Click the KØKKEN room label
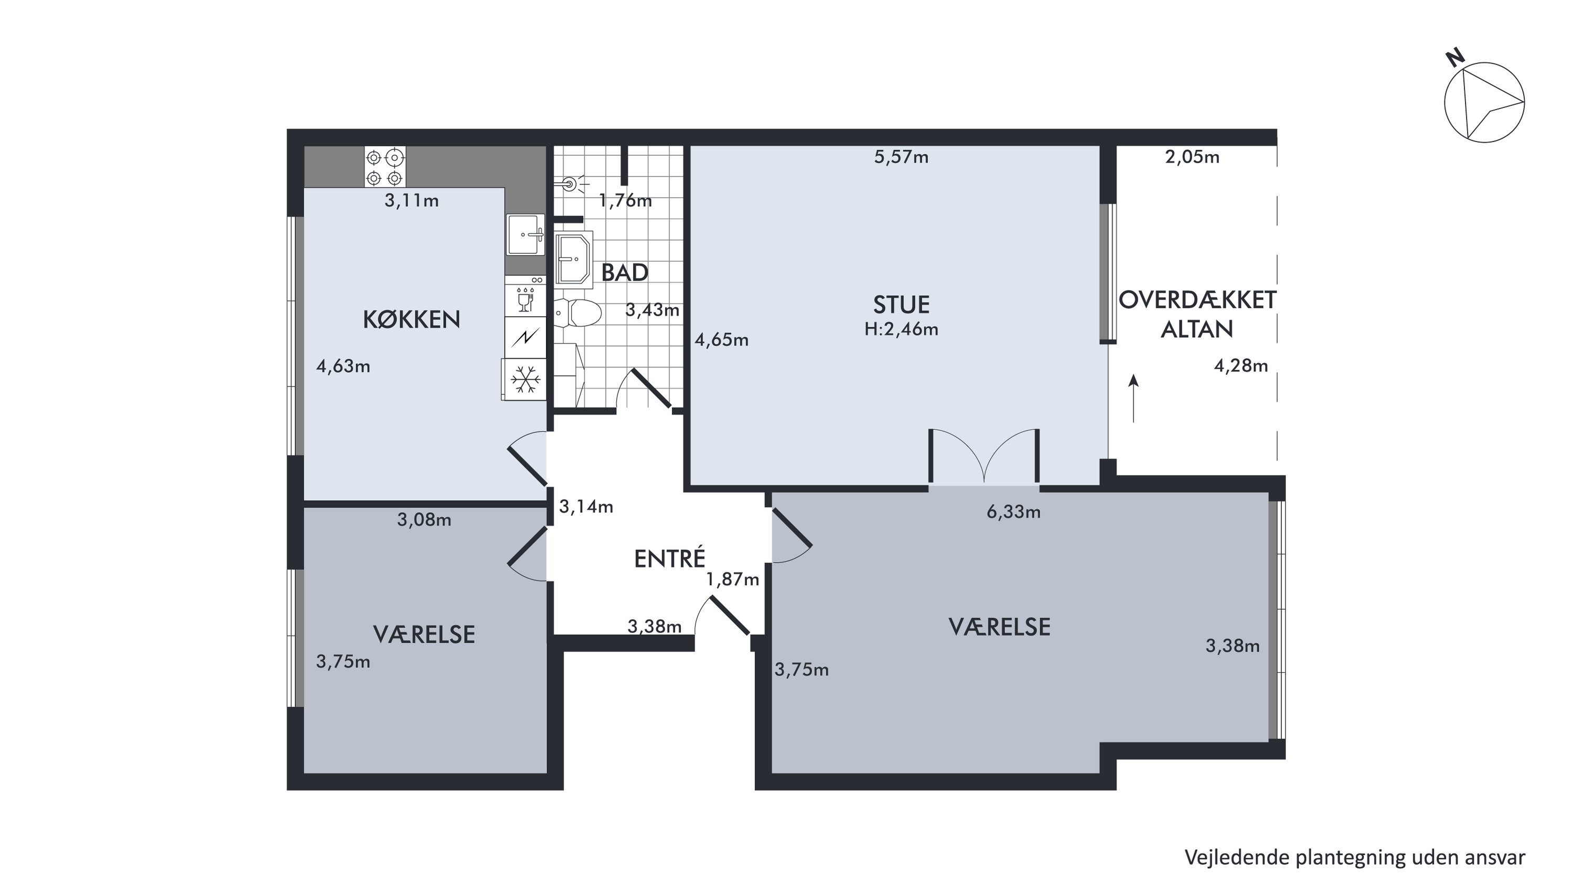click(x=412, y=319)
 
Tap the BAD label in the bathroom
click(x=625, y=273)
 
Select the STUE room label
click(x=901, y=305)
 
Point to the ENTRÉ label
click(x=670, y=558)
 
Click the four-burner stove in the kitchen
click(x=384, y=167)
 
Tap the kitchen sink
click(x=526, y=234)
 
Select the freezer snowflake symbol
click(x=525, y=379)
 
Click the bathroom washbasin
click(x=574, y=259)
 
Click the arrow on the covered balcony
click(x=1134, y=398)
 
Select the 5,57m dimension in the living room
click(x=901, y=157)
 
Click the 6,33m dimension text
click(x=1014, y=512)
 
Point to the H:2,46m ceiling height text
click(x=901, y=330)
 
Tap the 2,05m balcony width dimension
click(x=1193, y=157)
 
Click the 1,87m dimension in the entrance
click(x=733, y=579)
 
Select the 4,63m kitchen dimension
click(x=343, y=366)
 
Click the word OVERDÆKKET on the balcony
click(x=1197, y=300)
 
